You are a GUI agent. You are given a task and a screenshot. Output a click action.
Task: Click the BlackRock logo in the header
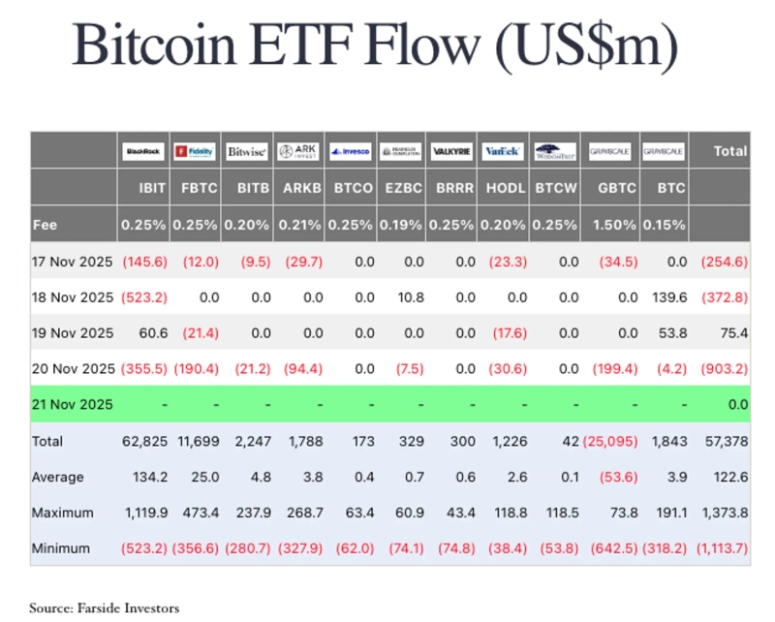pos(143,151)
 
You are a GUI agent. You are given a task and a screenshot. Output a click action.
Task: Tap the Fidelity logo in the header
pos(195,151)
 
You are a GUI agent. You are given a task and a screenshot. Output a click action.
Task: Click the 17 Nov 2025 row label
pos(72,262)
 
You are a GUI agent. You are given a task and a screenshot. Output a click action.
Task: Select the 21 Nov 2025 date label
pos(72,404)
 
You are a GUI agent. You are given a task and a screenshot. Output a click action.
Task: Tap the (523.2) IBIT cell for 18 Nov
pos(143,297)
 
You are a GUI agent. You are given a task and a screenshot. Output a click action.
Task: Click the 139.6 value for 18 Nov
pos(665,297)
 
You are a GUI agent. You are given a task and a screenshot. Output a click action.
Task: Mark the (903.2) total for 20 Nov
pos(723,368)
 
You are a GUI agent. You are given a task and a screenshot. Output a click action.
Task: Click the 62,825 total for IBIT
pos(143,441)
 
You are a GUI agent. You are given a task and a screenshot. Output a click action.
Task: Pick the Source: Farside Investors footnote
pos(104,607)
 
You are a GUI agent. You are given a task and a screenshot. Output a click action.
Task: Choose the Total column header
pos(729,151)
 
